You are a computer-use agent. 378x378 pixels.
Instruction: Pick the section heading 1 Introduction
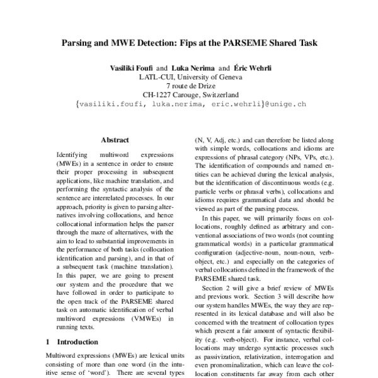[x=72, y=342]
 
